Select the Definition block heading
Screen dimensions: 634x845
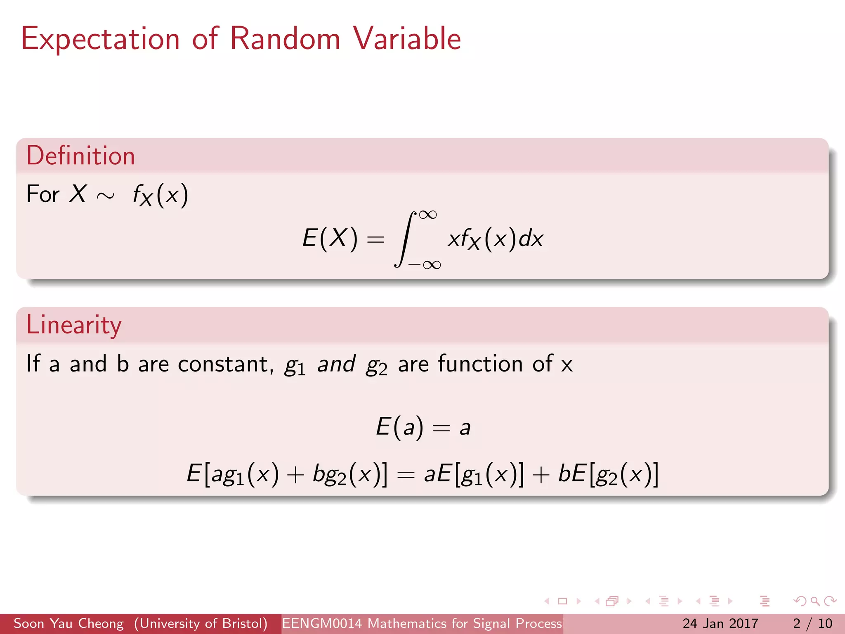click(x=81, y=156)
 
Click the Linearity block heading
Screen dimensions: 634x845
click(x=74, y=325)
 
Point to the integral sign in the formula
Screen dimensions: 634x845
click(x=404, y=239)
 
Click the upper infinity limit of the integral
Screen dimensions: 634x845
click(x=427, y=215)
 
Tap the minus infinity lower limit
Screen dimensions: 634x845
click(x=425, y=265)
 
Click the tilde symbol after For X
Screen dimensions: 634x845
click(x=106, y=196)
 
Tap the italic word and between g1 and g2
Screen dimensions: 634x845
click(x=336, y=364)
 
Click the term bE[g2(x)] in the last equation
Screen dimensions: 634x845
click(x=608, y=474)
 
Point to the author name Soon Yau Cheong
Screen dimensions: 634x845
click(x=68, y=623)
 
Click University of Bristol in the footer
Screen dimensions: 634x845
click(x=201, y=623)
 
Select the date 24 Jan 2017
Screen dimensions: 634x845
click(x=720, y=623)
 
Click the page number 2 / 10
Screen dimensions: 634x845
click(x=812, y=623)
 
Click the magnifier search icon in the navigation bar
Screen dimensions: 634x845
click(x=815, y=601)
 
